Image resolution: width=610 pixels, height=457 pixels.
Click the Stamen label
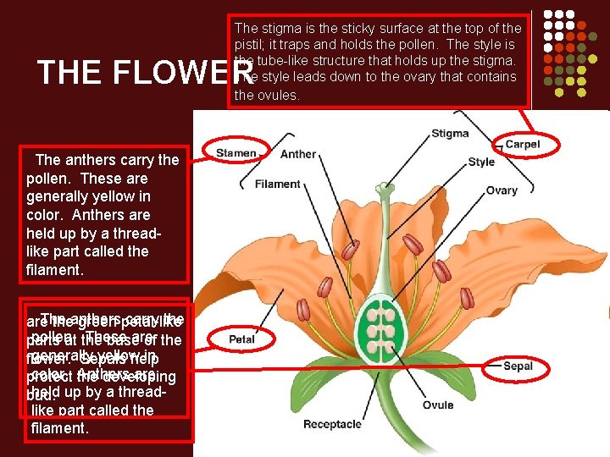[x=236, y=153]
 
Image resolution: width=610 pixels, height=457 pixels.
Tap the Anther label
[x=297, y=154]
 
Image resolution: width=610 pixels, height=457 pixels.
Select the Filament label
[x=277, y=184]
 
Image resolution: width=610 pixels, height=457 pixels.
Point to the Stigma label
[x=450, y=134]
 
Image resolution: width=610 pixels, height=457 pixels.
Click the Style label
[x=481, y=162]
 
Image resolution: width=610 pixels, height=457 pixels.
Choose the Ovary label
[x=502, y=190]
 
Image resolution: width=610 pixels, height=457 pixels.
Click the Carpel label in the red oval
[x=522, y=145]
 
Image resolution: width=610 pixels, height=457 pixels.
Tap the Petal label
[x=242, y=339]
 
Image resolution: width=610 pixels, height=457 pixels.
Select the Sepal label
[x=518, y=366]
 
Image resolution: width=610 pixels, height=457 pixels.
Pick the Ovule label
[x=438, y=405]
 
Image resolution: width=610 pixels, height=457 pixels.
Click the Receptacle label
[x=332, y=424]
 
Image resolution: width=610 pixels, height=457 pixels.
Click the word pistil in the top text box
[x=250, y=45]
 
